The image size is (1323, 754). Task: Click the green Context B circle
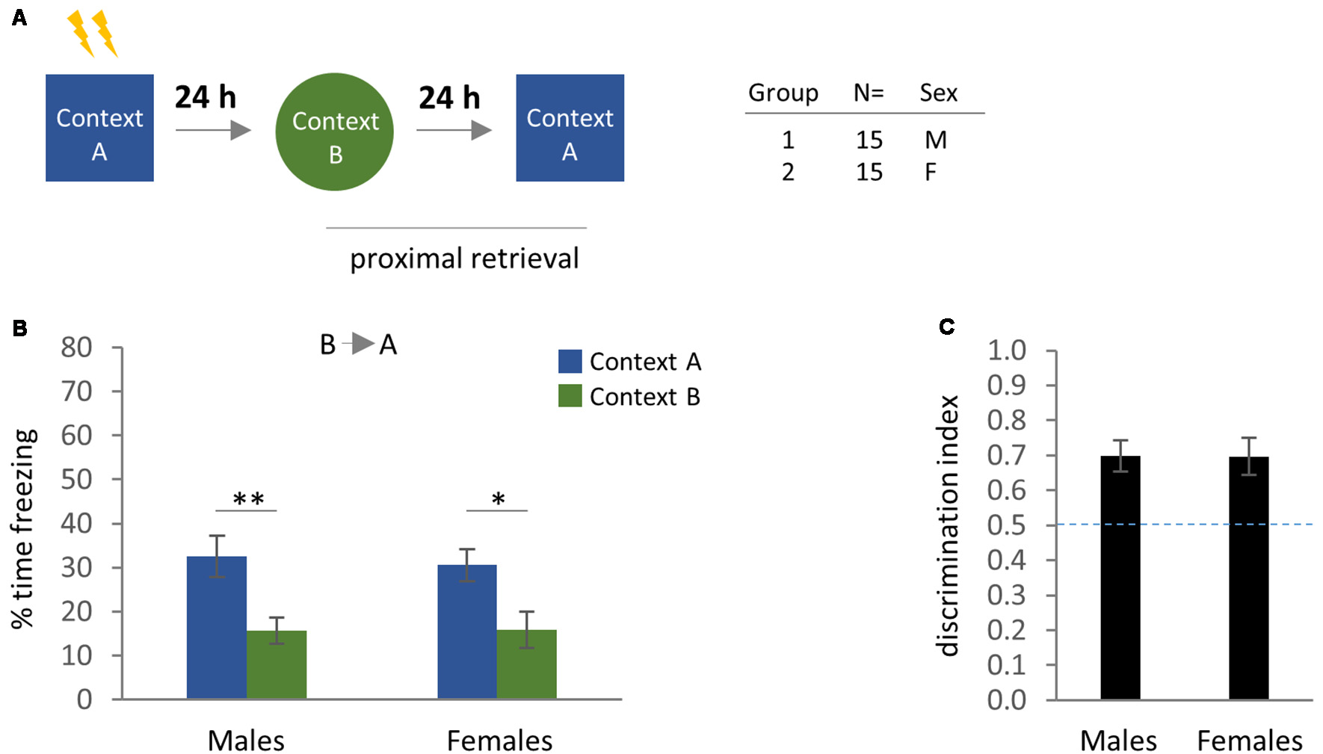(334, 132)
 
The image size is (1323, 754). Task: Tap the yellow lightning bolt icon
(93, 34)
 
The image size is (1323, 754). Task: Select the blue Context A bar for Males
(217, 628)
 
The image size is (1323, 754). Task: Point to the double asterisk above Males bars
(248, 498)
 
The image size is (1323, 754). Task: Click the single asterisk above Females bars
(499, 498)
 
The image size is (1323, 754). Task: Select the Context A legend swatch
(570, 362)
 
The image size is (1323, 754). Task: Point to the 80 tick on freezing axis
(77, 347)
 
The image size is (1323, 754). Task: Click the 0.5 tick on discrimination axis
(1006, 525)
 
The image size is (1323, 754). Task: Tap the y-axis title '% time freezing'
(23, 528)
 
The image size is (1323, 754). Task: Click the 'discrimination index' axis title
(948, 525)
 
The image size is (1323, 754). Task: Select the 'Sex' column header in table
(938, 93)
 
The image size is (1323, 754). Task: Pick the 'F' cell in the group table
(931, 173)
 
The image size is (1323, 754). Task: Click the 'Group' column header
(783, 93)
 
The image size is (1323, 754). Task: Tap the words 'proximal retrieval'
(464, 259)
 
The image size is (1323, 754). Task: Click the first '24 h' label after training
(206, 97)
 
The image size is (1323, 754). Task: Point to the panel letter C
(946, 327)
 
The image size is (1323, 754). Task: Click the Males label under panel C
(1118, 741)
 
